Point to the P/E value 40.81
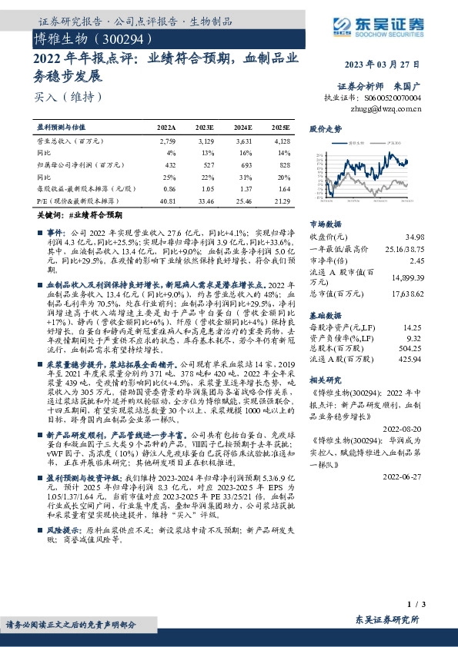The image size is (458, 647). coord(167,201)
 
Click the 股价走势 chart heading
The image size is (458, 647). coord(325,130)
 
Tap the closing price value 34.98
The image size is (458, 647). coord(414,237)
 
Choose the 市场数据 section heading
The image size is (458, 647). coord(325,223)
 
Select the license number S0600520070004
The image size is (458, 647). coord(393,98)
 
